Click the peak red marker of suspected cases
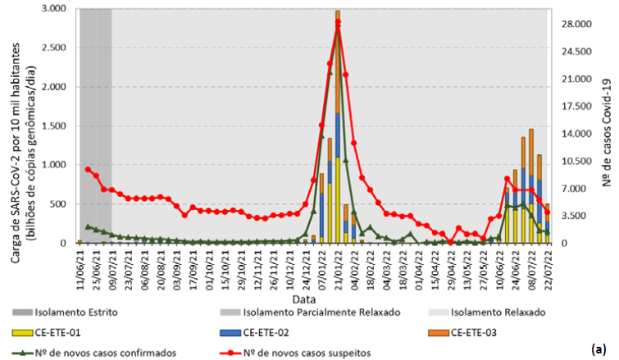coord(338,22)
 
